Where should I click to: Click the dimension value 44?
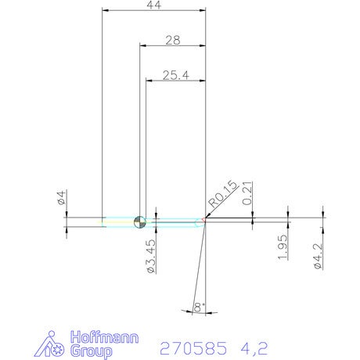coord(154,5)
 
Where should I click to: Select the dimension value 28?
coord(173,40)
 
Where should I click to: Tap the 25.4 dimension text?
coord(176,75)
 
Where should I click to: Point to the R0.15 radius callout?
coord(223,194)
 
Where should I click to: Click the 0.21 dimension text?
coord(247,193)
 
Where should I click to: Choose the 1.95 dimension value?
coord(283,247)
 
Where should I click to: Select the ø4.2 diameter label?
coord(318,257)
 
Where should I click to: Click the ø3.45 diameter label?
coord(151,256)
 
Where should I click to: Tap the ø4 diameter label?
coord(62,197)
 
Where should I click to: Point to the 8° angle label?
coord(199,307)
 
